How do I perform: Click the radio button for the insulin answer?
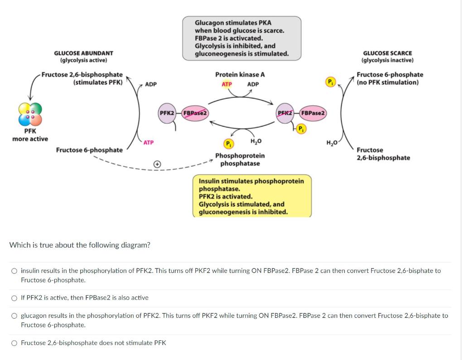(14, 271)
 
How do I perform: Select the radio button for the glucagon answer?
(14, 316)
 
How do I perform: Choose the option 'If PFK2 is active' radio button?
(14, 298)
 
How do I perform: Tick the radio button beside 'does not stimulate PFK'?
(14, 343)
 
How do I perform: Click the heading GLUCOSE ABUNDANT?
(83, 53)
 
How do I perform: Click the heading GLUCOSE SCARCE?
(387, 53)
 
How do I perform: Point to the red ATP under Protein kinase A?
(227, 84)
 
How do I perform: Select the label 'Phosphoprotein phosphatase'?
(240, 159)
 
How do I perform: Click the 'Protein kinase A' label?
(240, 74)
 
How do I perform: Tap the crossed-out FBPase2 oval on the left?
(195, 112)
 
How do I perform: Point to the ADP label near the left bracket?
(151, 84)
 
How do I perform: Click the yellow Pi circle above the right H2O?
(330, 82)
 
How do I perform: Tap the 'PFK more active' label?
(30, 135)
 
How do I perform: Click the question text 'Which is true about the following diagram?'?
(80, 245)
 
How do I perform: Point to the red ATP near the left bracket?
(148, 142)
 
